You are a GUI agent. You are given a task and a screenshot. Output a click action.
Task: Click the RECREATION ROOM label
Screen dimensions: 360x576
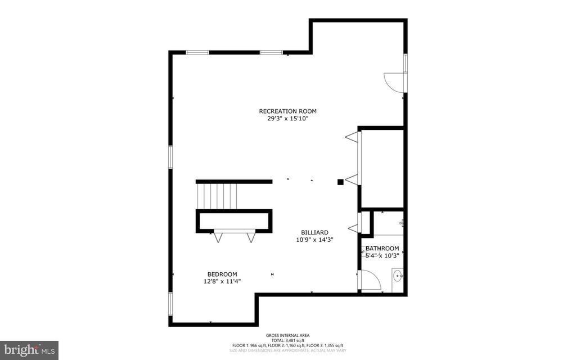(283, 111)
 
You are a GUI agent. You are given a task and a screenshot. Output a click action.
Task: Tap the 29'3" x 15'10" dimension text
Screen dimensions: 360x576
(283, 119)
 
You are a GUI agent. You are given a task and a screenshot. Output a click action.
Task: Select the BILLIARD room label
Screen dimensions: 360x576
(314, 232)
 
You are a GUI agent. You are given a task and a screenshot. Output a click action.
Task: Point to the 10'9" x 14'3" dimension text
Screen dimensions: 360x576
(314, 240)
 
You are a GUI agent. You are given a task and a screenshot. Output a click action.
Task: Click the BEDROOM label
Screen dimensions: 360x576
(222, 274)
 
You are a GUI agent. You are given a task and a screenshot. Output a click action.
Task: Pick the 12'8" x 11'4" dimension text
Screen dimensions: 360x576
(222, 281)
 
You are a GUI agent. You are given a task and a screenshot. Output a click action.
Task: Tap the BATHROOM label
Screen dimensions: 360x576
(382, 249)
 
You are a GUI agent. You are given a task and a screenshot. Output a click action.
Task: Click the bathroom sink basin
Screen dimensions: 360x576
(398, 276)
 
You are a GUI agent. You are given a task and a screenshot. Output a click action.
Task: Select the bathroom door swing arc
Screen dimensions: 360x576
(370, 280)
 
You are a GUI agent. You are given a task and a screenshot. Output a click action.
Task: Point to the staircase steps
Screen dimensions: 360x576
(217, 196)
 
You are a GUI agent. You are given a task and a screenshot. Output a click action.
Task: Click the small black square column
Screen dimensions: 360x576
(340, 182)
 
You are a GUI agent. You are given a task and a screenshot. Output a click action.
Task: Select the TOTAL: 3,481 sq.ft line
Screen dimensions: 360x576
(287, 340)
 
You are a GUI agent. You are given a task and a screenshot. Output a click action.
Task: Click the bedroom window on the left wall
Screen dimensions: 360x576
(170, 303)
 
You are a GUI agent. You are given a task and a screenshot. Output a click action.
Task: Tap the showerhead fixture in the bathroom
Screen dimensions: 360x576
(402, 223)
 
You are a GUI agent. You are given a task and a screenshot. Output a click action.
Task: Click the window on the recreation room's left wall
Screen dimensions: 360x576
(170, 156)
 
